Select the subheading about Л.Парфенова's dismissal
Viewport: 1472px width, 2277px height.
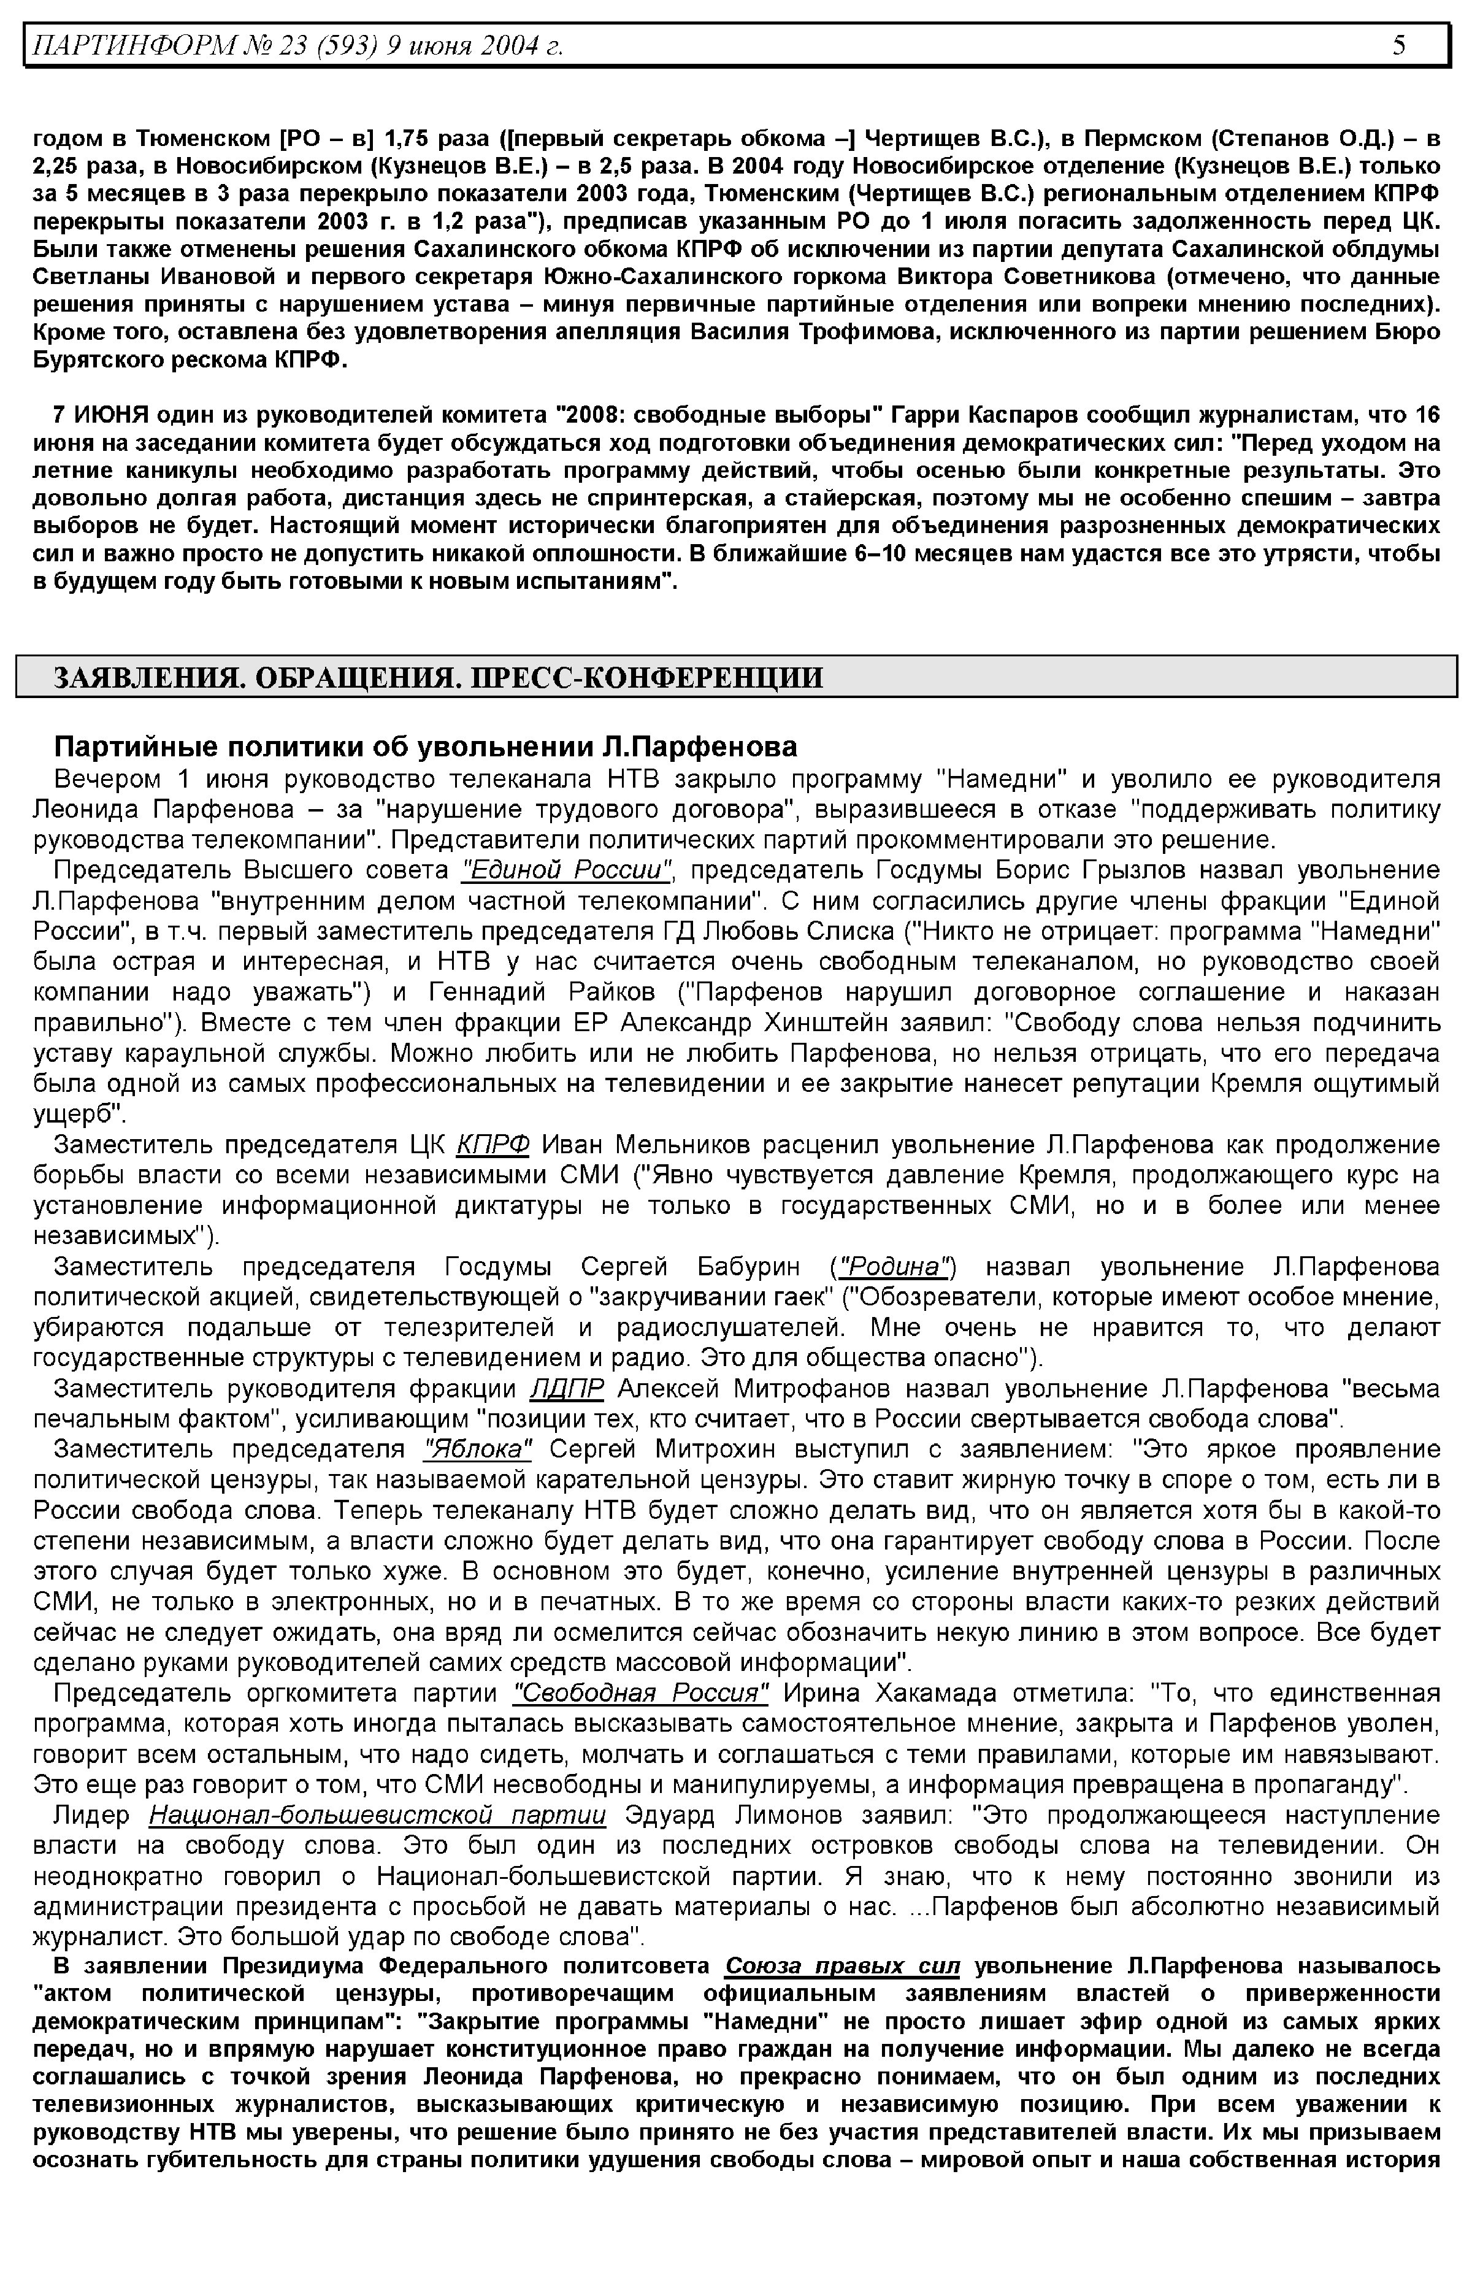pyautogui.click(x=426, y=747)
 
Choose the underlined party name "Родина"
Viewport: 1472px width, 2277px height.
pyautogui.click(x=893, y=1267)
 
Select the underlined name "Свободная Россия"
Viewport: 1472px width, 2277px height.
pyautogui.click(x=640, y=1694)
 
